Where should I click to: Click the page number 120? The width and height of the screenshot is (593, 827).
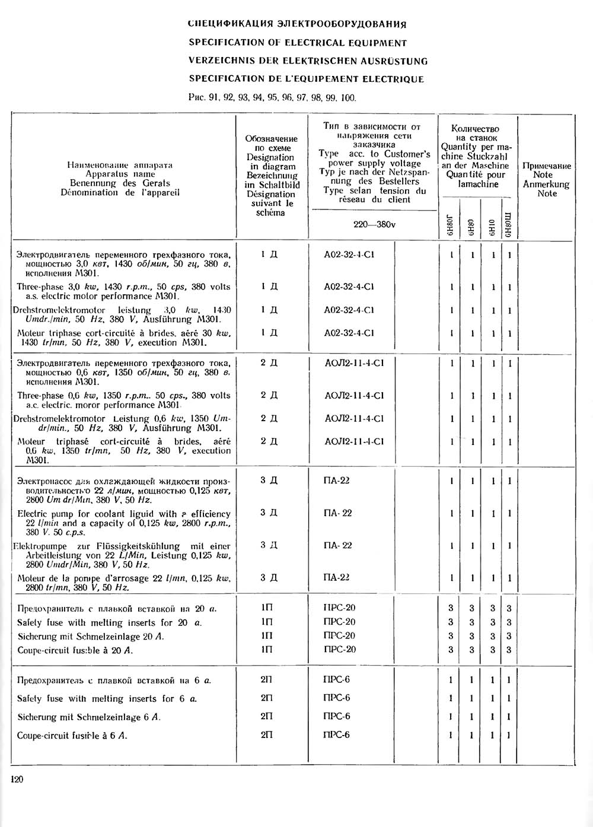click(x=17, y=780)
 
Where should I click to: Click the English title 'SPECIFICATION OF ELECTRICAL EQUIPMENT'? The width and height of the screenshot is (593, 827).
click(x=298, y=43)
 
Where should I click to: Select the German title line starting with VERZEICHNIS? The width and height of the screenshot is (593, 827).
click(x=308, y=61)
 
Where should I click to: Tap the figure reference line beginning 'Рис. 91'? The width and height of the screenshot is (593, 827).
click(x=272, y=97)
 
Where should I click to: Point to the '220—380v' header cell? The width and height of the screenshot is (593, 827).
click(x=374, y=225)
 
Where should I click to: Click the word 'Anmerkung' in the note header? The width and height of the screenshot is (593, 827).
click(x=546, y=184)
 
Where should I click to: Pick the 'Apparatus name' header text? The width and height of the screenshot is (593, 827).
click(x=120, y=174)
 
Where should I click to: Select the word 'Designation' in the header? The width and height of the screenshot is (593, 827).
click(x=270, y=157)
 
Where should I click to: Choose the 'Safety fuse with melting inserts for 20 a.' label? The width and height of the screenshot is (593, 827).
click(x=109, y=623)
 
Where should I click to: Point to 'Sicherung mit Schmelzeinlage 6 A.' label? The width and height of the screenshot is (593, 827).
click(x=89, y=717)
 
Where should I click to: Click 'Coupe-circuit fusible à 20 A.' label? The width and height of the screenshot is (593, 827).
click(x=75, y=650)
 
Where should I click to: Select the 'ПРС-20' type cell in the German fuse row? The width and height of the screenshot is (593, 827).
click(x=340, y=635)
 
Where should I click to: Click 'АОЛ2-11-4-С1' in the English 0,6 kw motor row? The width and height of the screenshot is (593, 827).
click(x=354, y=396)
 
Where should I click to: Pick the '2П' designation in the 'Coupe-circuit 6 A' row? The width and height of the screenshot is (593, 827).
click(x=267, y=735)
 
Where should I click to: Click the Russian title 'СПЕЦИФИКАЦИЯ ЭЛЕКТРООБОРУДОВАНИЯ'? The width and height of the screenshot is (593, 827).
click(x=296, y=24)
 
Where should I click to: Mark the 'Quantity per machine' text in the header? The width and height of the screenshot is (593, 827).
click(x=476, y=151)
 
